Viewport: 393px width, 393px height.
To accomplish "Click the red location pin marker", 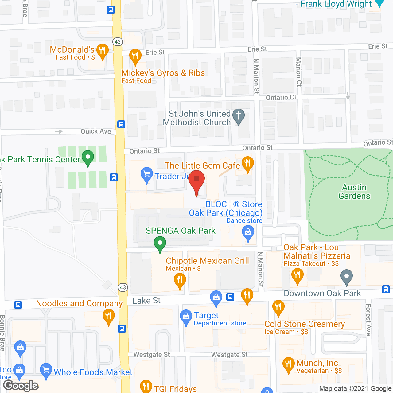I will coord(196,180).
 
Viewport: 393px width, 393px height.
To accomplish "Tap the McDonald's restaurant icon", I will coord(102,50).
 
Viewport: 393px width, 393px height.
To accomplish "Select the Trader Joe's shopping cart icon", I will coord(147,174).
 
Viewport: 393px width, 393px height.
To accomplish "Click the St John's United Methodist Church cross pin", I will coord(238,116).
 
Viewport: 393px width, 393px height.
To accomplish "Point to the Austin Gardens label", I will coord(354,192).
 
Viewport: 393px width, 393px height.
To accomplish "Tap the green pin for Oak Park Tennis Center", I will coord(88,157).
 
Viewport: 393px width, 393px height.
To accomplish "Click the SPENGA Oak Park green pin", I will coord(160,243).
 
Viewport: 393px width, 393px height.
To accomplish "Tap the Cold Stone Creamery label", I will coord(305,324).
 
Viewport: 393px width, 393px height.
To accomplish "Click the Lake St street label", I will coord(146,301).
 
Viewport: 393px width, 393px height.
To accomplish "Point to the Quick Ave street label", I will coord(95,131).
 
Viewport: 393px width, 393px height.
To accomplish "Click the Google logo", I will coord(21,386).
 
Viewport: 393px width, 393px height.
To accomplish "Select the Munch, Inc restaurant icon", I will coord(288,364).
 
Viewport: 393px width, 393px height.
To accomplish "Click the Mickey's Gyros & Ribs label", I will coord(163,73).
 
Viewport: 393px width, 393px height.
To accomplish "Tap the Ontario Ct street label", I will coord(281,98).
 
